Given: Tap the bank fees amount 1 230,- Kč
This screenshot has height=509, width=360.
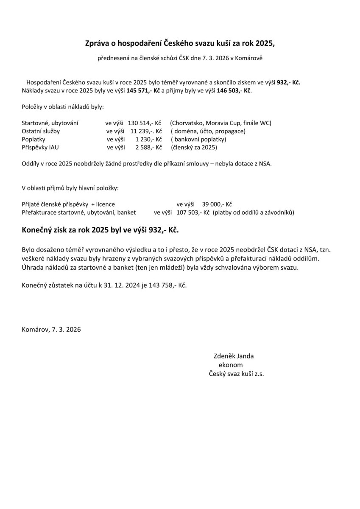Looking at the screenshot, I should [x=149, y=139].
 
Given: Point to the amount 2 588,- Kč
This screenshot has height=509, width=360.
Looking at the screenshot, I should [x=149, y=147].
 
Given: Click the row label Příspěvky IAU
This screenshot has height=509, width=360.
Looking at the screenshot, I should [x=37, y=147].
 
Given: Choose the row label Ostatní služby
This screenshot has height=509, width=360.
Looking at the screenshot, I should [x=41, y=131].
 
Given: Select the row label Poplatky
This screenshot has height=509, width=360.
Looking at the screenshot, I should [x=33, y=139].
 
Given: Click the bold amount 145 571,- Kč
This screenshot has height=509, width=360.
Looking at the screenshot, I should [x=143, y=90].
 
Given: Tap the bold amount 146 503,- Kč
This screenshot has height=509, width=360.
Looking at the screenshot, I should [x=234, y=90].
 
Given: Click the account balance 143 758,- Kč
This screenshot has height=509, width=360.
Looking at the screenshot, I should [x=167, y=285].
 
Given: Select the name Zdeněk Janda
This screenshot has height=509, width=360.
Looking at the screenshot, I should [x=234, y=356].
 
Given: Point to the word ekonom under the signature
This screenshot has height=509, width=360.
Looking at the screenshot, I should [x=231, y=364].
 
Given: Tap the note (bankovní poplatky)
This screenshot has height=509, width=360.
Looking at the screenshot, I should [x=198, y=139].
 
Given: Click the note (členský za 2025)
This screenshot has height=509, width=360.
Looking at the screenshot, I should [x=194, y=147].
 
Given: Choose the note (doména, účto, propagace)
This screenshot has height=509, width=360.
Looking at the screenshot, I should [x=208, y=131].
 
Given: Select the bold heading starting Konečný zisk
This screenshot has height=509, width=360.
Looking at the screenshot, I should [x=100, y=230].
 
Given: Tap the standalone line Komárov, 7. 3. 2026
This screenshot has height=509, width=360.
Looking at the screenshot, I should [x=51, y=329].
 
